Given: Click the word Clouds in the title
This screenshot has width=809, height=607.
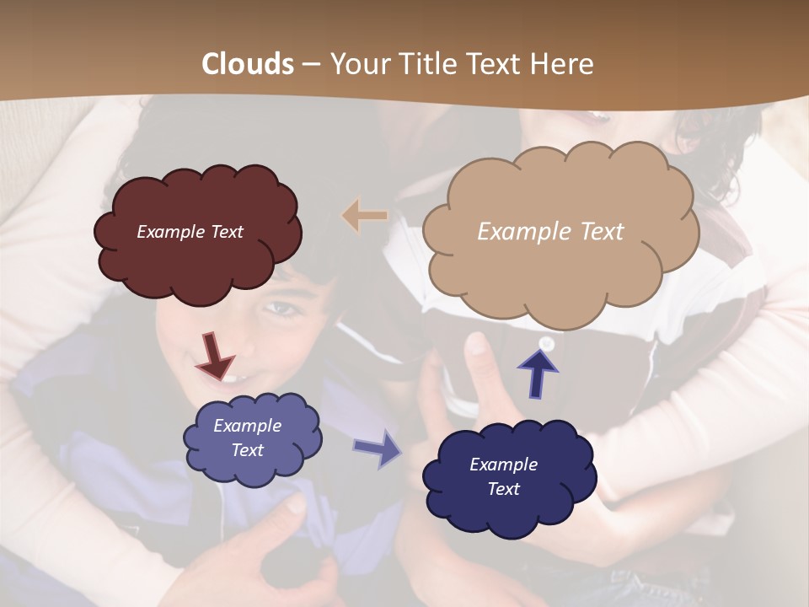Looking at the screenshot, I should coord(248,64).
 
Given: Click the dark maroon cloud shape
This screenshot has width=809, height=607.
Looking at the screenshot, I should coord(198,234).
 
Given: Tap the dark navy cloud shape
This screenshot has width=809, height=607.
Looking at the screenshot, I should coord(508,477).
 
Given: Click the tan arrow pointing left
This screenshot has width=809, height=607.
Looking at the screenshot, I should coord(364,216).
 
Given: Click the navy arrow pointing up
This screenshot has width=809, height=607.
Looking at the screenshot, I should coord(538,372).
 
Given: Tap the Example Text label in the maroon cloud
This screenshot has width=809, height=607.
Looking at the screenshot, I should coord(190,232).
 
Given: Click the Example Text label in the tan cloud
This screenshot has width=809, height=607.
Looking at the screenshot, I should coord(550,232).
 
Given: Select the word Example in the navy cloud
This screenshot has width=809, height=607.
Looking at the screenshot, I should coord(503,465).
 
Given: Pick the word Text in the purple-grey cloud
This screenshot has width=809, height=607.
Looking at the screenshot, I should coord(248,450).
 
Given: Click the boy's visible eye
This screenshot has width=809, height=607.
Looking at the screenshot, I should coord(285,309).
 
